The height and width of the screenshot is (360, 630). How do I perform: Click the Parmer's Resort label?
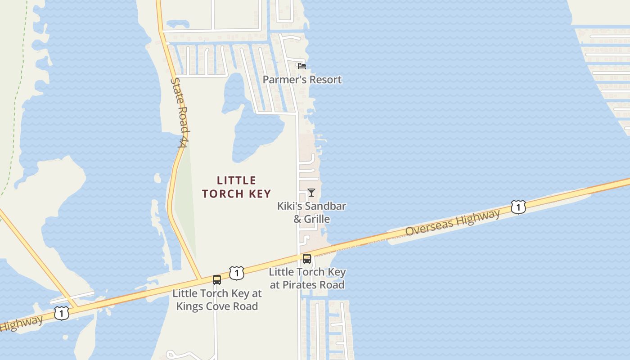pos(302,80)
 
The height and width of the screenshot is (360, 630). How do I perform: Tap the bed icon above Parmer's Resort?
pos(302,66)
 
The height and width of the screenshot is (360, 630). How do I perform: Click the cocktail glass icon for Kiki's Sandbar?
pos(311,193)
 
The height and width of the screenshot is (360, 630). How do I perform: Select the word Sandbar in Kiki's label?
pos(324,206)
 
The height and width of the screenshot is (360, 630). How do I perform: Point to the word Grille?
pos(317,219)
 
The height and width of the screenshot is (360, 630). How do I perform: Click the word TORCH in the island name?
pos(225,193)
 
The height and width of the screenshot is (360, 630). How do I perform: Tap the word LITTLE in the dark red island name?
pos(236,180)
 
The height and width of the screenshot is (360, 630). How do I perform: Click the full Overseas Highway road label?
pos(452,223)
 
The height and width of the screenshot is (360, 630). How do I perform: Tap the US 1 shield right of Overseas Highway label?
pos(518,207)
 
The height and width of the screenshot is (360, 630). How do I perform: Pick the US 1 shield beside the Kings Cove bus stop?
pos(236,273)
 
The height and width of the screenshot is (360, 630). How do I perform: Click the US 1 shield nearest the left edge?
pos(61,313)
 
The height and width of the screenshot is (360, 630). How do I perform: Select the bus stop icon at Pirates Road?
pos(307,258)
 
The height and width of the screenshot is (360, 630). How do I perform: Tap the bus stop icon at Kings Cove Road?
pos(217,280)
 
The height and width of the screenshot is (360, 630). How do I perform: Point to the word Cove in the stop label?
pos(219,306)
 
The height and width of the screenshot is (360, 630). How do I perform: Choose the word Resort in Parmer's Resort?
pos(326,80)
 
